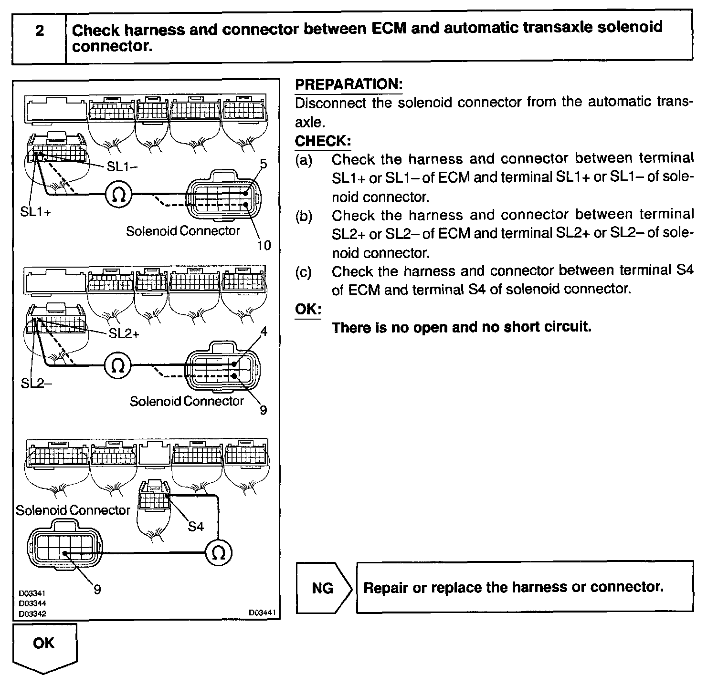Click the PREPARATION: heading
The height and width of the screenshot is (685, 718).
tap(348, 84)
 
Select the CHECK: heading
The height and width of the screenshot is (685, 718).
tap(323, 141)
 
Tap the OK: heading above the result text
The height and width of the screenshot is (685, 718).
tap(308, 309)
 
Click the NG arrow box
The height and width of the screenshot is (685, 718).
tap(323, 588)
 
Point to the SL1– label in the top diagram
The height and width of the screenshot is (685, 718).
tap(122, 166)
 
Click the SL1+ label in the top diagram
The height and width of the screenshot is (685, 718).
tap(35, 211)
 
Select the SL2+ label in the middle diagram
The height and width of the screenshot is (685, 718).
tap(124, 333)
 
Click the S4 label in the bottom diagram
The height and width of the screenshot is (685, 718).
tap(196, 527)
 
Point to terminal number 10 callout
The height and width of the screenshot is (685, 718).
tap(264, 245)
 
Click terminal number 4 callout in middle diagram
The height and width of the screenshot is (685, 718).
tap(264, 331)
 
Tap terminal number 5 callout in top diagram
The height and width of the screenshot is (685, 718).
tap(263, 165)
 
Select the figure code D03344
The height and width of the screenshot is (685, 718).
tap(32, 603)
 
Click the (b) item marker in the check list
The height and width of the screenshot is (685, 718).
tap(303, 216)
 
